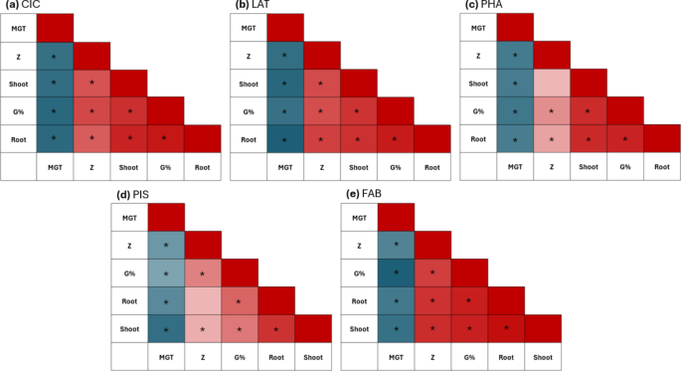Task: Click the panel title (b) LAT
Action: click(255, 6)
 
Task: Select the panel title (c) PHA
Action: click(488, 6)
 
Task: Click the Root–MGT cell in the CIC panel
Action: click(56, 138)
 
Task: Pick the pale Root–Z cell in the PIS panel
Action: click(204, 300)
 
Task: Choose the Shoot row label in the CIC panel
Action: click(19, 84)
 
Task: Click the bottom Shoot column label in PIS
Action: click(314, 355)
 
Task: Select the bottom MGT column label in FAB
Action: click(397, 355)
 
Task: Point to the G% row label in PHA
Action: click(481, 111)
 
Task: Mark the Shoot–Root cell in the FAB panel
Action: click(506, 327)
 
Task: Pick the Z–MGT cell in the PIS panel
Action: click(166, 244)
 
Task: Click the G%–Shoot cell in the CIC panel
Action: click(128, 111)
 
